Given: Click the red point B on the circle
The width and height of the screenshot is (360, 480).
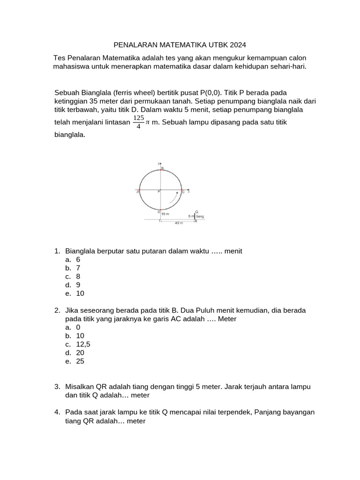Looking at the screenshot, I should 161,170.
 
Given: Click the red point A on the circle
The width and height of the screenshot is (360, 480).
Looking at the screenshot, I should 140,191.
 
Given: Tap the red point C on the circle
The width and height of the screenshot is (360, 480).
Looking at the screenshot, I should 182,191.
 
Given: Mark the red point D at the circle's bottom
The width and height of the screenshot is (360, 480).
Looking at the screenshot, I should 160,210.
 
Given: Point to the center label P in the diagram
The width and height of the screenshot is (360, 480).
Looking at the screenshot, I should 158,192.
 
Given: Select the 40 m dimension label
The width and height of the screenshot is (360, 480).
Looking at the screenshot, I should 178,223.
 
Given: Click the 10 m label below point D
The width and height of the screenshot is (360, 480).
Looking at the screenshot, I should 165,213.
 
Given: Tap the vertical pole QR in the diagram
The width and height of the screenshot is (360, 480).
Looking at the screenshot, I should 195,216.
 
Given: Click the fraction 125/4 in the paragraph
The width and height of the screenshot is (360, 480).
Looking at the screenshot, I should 138,122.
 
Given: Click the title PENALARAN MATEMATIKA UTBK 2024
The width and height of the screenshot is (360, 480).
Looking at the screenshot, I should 180,45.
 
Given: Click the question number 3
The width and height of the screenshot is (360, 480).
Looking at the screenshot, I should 57,387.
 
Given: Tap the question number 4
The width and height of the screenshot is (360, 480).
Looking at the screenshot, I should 57,412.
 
